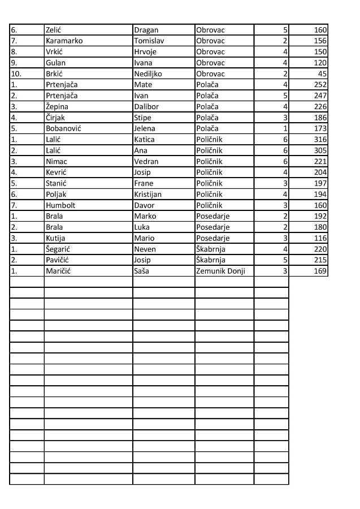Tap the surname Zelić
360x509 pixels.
[54, 30]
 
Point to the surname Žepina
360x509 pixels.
[57, 107]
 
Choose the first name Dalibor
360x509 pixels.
[148, 107]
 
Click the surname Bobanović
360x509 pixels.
[63, 129]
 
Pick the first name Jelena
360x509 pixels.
[145, 129]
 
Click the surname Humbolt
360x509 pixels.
[60, 205]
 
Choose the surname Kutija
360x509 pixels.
[56, 238]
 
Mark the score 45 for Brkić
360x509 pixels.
[322, 74]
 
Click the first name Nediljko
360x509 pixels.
[148, 74]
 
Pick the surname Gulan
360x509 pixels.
[55, 63]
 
